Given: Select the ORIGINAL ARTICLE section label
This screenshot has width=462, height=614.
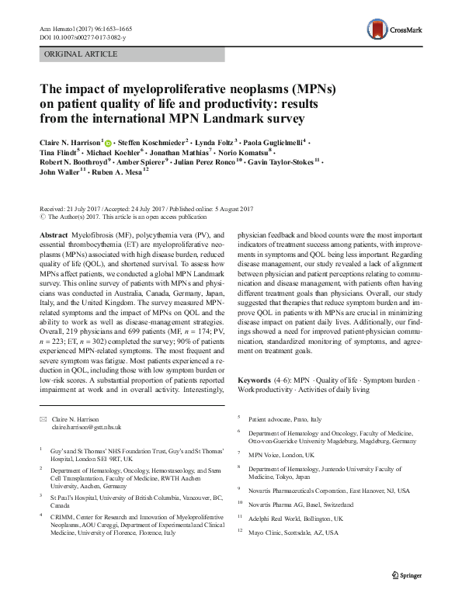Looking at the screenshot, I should point(82,54).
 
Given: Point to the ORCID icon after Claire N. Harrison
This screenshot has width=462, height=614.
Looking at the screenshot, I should point(108,143).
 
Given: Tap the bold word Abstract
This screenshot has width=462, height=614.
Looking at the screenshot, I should point(54,234).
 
